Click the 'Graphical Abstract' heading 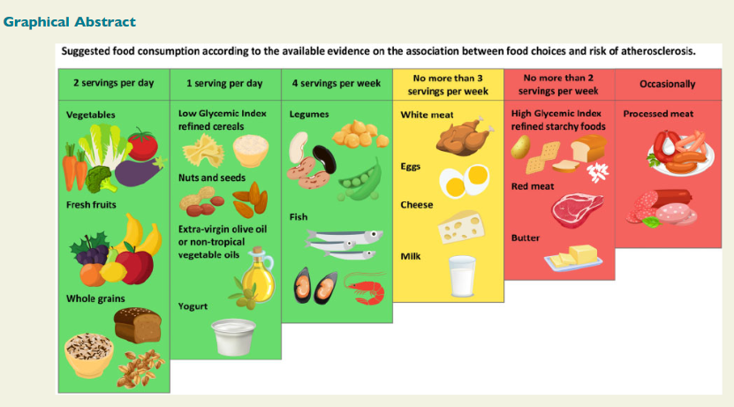pyautogui.click(x=69, y=22)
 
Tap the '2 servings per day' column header pyautogui.click(x=114, y=83)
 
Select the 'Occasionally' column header pyautogui.click(x=668, y=84)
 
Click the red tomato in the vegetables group pyautogui.click(x=142, y=144)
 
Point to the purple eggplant pyautogui.click(x=139, y=170)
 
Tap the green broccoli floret pyautogui.click(x=101, y=179)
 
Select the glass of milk pyautogui.click(x=462, y=276)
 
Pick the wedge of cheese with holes pyautogui.click(x=460, y=227)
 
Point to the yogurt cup pyautogui.click(x=233, y=337)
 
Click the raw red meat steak pyautogui.click(x=577, y=210)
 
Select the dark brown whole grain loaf pyautogui.click(x=137, y=325)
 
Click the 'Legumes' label pyautogui.click(x=309, y=114)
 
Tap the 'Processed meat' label pyautogui.click(x=658, y=114)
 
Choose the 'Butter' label pyautogui.click(x=526, y=237)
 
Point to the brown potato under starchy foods pyautogui.click(x=520, y=147)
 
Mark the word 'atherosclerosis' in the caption pyautogui.click(x=658, y=51)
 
